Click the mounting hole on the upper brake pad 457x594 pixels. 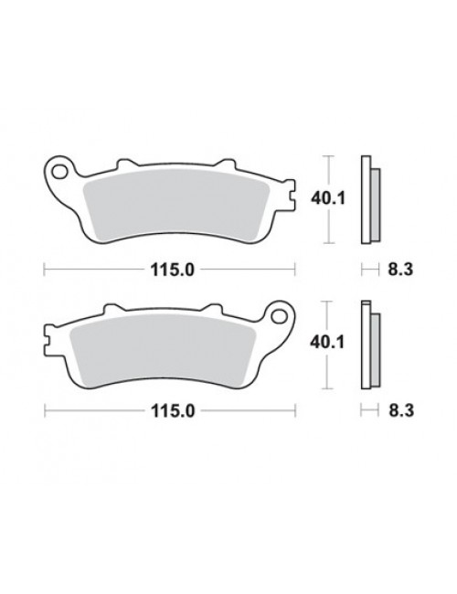(x=58, y=172)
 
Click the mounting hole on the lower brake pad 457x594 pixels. (x=281, y=316)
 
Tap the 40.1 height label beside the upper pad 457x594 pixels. (x=328, y=198)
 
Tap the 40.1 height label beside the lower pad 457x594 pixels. (x=327, y=343)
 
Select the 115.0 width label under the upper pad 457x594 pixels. (x=173, y=270)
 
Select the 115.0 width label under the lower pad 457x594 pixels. (x=173, y=410)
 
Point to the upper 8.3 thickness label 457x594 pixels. (x=400, y=270)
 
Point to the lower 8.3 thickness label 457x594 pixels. (x=401, y=410)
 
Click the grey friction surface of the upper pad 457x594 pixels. (x=175, y=205)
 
